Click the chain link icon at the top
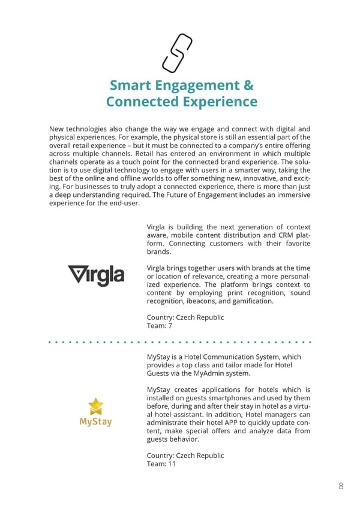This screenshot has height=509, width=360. coord(178,52)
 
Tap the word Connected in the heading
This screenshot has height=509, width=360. coord(141,101)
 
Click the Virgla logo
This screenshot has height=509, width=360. coord(95,276)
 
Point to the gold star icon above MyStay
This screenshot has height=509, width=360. coord(95,406)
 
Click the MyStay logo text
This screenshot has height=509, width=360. coord(95,421)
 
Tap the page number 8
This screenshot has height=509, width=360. coord(341,486)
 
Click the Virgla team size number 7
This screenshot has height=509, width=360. coord(170,325)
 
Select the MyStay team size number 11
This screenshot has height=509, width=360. coord(172,463)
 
